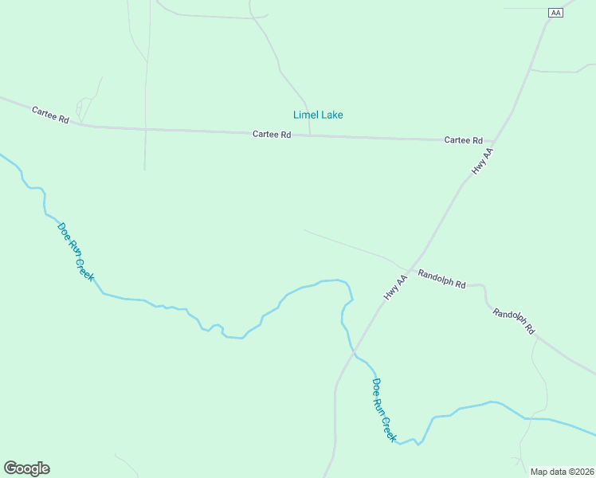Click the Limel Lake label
point(318,115)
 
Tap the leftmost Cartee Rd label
point(50,114)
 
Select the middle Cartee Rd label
point(272,135)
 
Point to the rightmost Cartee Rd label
point(464,140)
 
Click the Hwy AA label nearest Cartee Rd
point(483,161)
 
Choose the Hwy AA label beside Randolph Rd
point(395,287)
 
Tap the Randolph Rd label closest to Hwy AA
point(441,277)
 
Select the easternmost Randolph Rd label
point(514,321)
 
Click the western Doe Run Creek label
point(76,252)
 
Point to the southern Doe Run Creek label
point(384,409)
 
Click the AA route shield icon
point(556,13)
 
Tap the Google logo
point(26,468)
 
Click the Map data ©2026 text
point(562,471)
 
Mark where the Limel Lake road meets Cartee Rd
point(310,135)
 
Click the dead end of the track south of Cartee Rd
point(144,170)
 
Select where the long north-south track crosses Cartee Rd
point(145,129)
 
